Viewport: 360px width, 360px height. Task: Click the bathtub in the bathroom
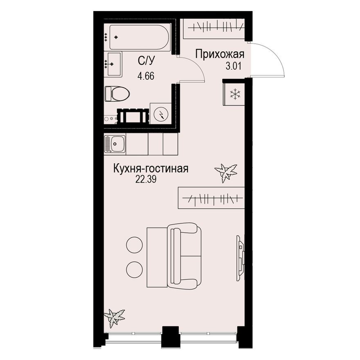tap(137, 38)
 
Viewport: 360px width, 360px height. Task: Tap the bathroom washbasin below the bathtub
tap(113, 64)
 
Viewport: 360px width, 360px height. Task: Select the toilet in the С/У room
tap(117, 94)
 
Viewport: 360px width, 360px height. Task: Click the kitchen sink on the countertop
tap(115, 144)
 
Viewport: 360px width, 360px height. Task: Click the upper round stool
tap(134, 245)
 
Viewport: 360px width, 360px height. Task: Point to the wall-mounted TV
tap(241, 258)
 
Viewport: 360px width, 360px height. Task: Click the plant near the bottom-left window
tap(114, 317)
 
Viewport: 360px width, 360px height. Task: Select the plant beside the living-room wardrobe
tap(225, 172)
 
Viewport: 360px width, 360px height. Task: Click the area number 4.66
tap(145, 76)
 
